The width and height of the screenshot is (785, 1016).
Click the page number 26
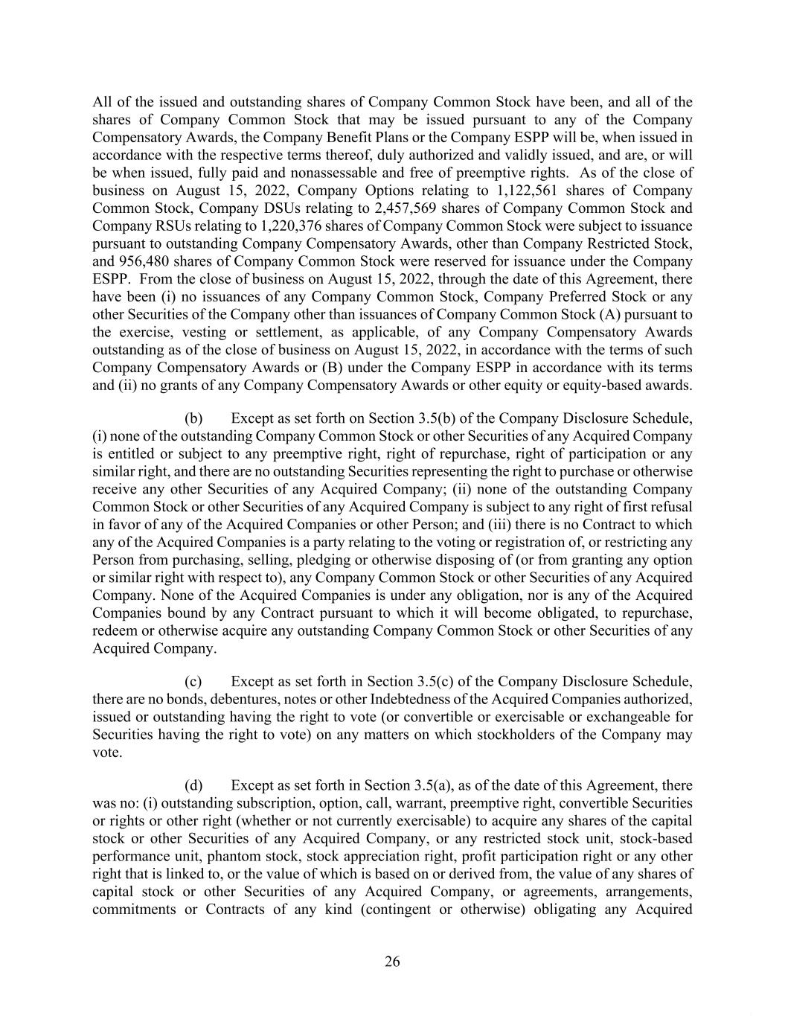click(x=392, y=962)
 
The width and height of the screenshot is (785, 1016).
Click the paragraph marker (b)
click(x=193, y=418)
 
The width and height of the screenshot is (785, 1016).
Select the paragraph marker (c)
click(x=193, y=682)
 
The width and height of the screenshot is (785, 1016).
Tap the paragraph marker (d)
click(x=193, y=785)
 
